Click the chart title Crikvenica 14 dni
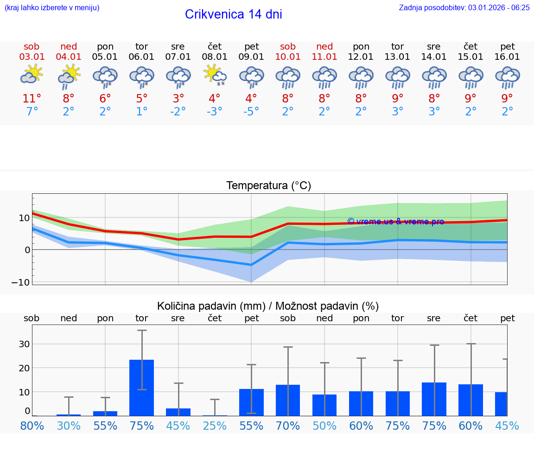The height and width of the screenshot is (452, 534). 233,14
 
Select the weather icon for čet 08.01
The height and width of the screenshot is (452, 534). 215,76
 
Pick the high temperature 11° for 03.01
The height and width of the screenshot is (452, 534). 32,99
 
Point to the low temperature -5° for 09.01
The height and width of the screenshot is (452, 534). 251,112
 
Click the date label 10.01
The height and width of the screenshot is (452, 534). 288,57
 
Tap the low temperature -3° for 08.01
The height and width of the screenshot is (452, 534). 215,112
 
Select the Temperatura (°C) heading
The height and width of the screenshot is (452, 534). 268,185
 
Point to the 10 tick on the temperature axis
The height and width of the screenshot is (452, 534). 24,217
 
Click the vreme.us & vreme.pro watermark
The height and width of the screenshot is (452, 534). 395,222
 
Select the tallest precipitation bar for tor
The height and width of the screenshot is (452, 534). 141,388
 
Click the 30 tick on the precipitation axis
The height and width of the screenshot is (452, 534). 24,344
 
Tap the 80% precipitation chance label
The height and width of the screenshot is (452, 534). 32,426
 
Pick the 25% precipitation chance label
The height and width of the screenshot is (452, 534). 215,426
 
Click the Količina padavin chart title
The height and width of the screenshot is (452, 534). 267,306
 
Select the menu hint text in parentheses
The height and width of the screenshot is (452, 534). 51,7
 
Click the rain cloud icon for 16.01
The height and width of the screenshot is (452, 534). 508,77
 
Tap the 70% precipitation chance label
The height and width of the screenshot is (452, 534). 288,426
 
